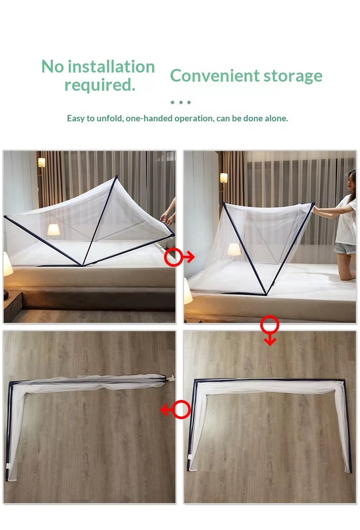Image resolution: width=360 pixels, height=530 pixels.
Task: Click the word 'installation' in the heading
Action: [x=111, y=66]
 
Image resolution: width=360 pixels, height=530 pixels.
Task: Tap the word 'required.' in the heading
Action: [x=100, y=84]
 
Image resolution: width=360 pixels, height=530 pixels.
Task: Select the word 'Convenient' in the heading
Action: [x=215, y=75]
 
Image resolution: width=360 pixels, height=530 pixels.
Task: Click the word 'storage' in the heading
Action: [x=293, y=76]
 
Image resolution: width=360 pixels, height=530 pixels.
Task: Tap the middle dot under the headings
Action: [x=180, y=102]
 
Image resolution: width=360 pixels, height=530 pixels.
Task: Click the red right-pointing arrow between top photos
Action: [x=180, y=257]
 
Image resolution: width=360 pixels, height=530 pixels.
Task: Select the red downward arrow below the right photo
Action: [x=269, y=330]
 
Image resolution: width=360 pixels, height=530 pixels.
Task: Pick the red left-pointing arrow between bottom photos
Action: [x=175, y=410]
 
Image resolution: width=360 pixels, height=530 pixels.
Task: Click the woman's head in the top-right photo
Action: [x=351, y=182]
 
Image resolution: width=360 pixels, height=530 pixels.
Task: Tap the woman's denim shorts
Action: [x=345, y=249]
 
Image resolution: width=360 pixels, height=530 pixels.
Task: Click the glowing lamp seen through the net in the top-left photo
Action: [x=54, y=230]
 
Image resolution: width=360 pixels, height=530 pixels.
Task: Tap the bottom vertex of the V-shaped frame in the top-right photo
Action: [x=267, y=294]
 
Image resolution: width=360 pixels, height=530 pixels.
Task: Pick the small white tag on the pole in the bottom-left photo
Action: [x=8, y=466]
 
